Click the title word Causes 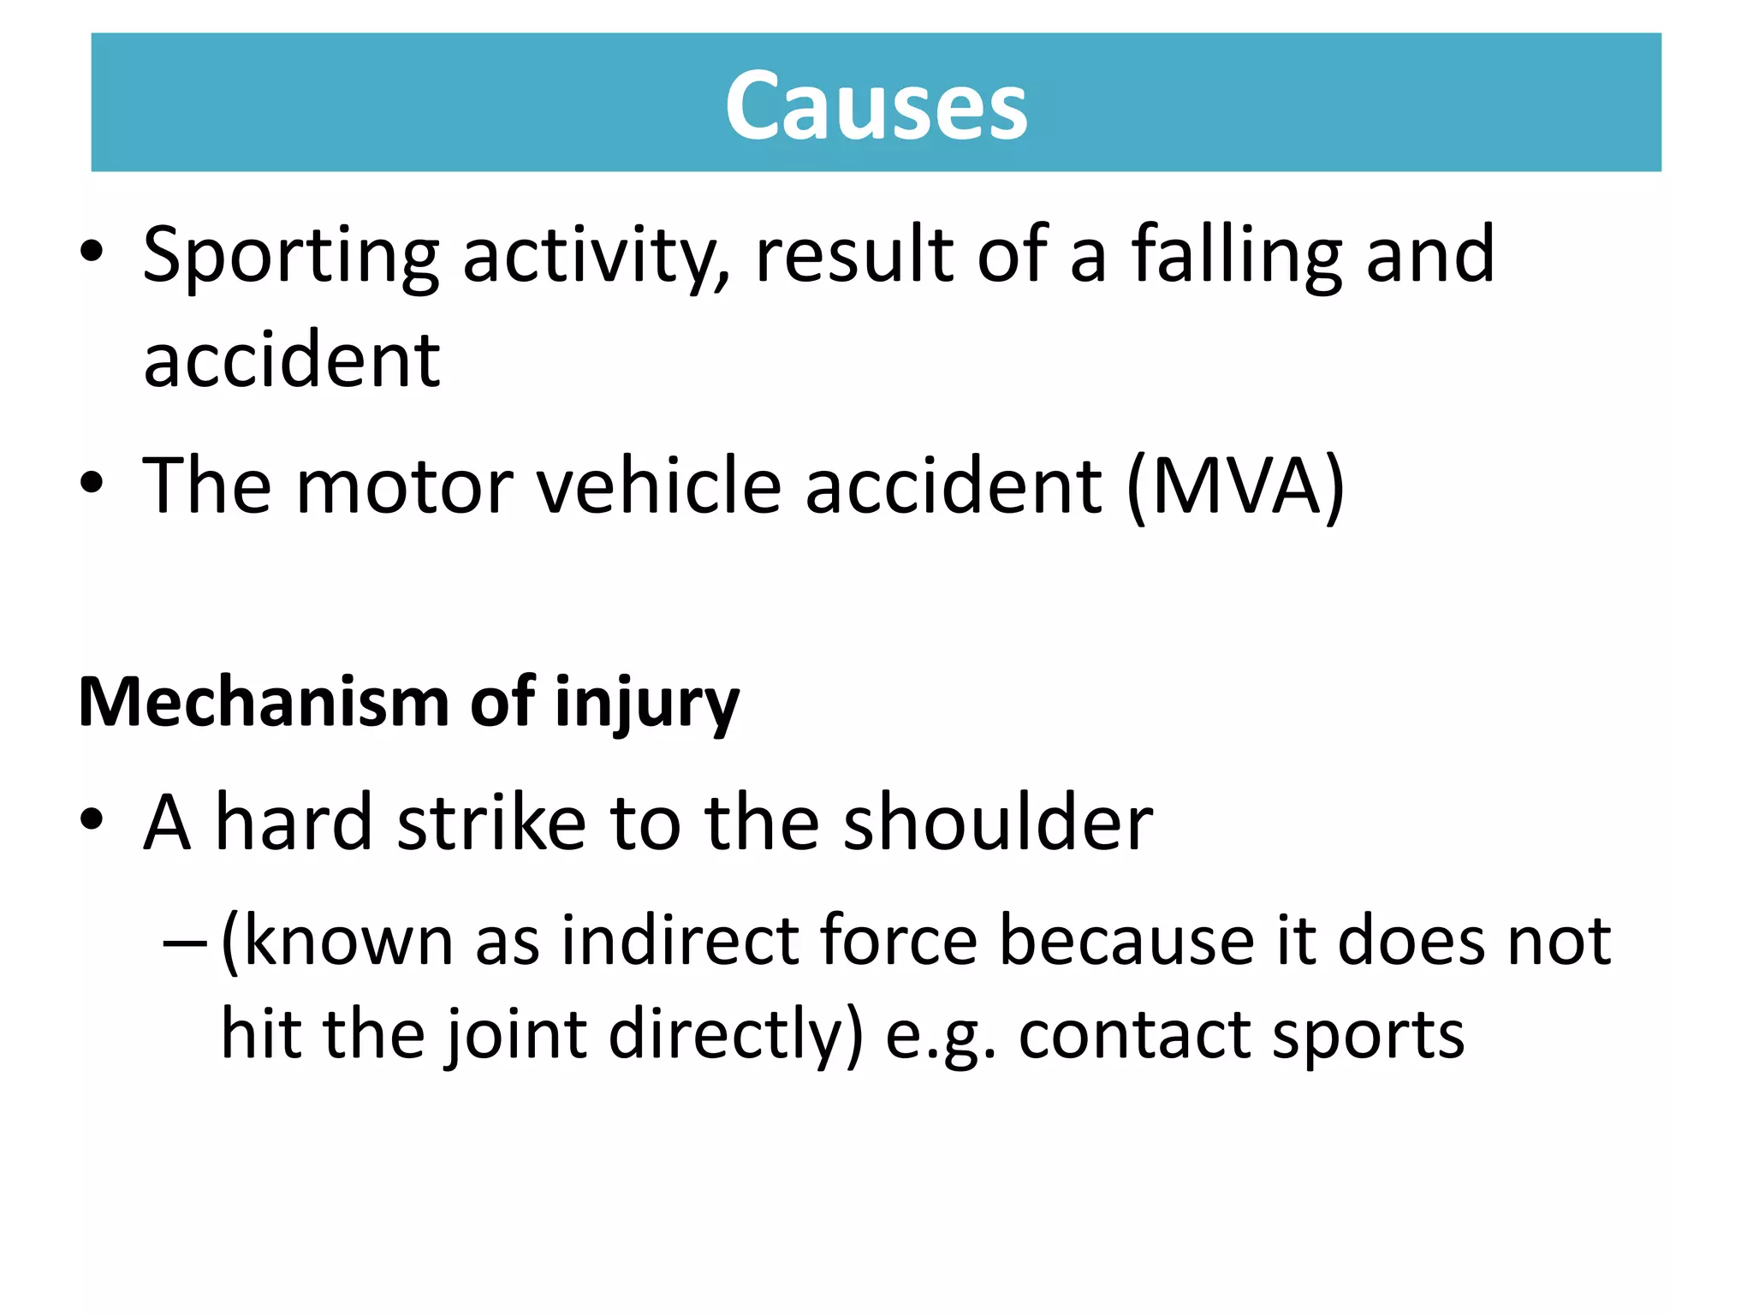tap(876, 106)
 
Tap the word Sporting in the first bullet tap(290, 256)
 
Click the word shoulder tap(997, 823)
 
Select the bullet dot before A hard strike tap(92, 821)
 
